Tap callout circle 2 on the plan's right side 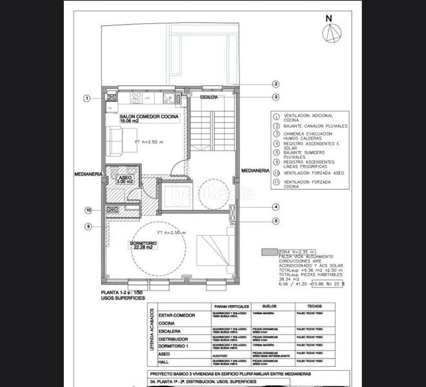pyautogui.click(x=276, y=84)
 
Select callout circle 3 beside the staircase pyautogui.click(x=276, y=97)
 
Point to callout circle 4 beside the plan pyautogui.click(x=276, y=207)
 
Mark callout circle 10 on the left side pyautogui.click(x=88, y=210)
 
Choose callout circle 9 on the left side pyautogui.click(x=88, y=226)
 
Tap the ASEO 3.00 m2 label pyautogui.click(x=125, y=180)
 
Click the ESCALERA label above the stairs pyautogui.click(x=209, y=97)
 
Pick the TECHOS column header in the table pyautogui.click(x=314, y=307)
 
